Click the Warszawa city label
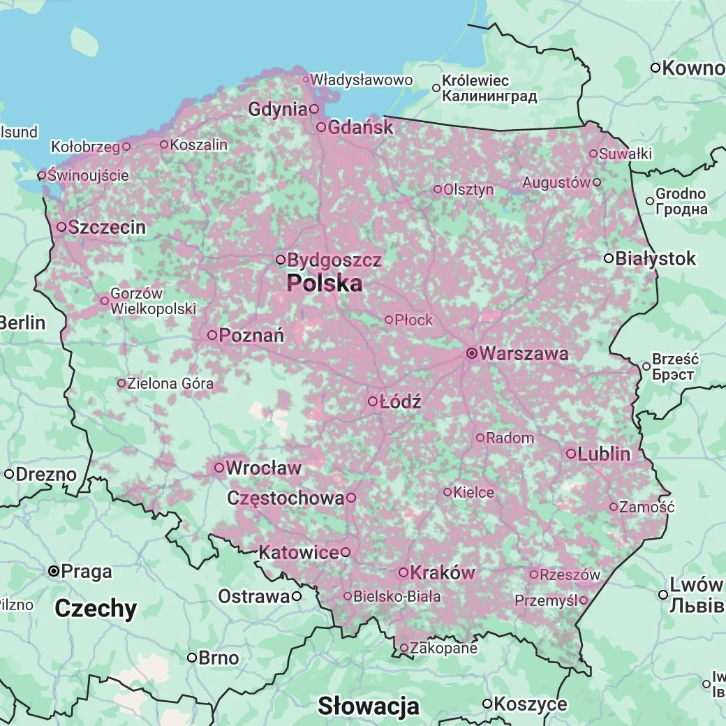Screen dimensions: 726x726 524,353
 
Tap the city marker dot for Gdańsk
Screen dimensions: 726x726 321,127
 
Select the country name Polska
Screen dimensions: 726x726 325,283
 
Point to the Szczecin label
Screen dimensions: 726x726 108,227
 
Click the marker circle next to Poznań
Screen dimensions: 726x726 212,335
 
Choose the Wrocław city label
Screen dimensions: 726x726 263,468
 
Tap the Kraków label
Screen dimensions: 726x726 442,572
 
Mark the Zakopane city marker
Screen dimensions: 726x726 403,648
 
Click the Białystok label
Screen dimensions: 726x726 655,258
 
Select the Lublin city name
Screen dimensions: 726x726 604,454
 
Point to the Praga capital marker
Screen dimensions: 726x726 53,571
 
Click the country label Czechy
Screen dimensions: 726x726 96,609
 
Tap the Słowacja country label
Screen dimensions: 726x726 369,706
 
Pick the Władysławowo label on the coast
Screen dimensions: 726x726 362,80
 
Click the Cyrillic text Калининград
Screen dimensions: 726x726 490,96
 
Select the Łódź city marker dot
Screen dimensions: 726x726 373,401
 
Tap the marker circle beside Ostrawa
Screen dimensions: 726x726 297,596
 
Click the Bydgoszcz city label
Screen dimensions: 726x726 334,260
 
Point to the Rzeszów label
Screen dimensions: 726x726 570,575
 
